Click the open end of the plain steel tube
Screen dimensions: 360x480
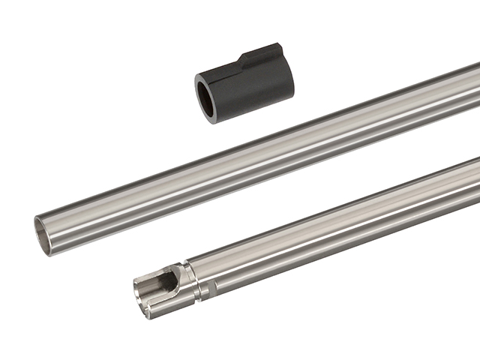(x=44, y=233)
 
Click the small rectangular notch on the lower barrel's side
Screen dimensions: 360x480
(x=212, y=286)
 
